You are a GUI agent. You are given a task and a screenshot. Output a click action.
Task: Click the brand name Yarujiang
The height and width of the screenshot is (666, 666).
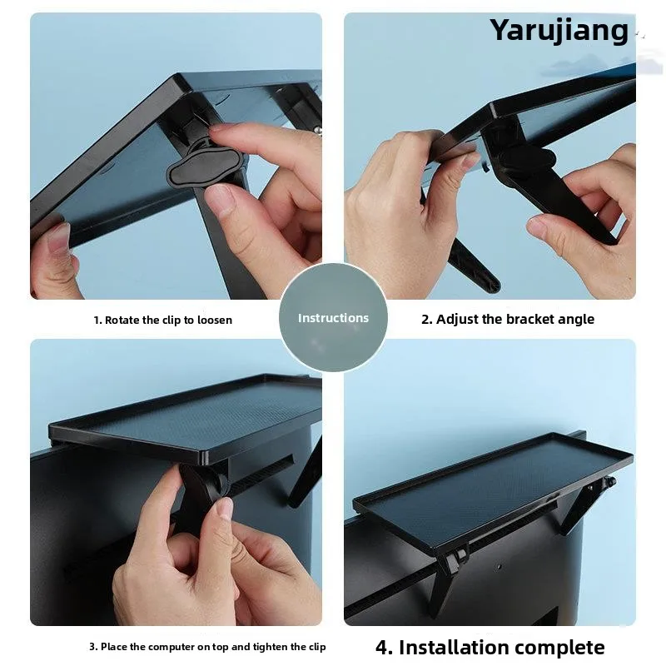pos(559,31)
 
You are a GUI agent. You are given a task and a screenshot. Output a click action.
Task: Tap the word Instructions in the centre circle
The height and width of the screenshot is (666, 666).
pos(333,318)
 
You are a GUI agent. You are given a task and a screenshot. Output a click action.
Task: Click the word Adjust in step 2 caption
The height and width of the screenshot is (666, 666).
pos(455,319)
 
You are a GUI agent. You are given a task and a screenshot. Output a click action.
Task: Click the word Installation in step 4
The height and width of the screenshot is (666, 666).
pos(453,648)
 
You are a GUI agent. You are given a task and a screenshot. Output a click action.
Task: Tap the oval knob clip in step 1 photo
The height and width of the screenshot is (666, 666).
pos(205,166)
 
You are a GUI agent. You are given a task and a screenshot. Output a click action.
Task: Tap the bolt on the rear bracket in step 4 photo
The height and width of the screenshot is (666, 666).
pos(611,482)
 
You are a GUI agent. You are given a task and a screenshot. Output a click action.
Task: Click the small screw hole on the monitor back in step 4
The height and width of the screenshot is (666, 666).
pos(499,567)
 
